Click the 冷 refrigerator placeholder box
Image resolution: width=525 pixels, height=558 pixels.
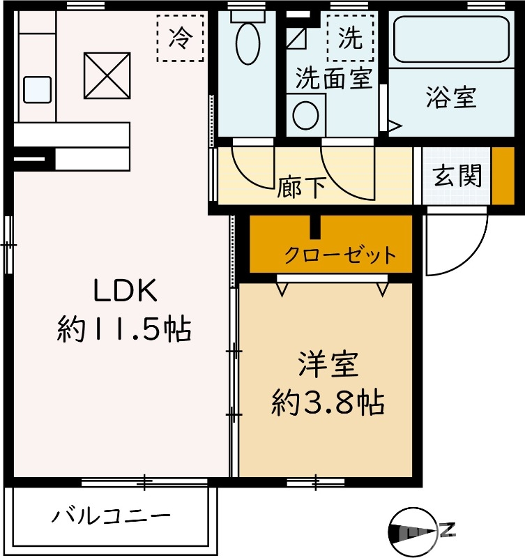(179, 39)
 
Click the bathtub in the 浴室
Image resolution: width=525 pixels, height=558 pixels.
(450, 39)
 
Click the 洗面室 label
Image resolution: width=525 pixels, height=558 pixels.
(332, 77)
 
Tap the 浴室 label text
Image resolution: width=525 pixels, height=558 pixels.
(451, 98)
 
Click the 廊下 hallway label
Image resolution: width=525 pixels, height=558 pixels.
(301, 187)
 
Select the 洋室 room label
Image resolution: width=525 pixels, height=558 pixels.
(328, 365)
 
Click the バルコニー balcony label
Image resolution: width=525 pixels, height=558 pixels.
(111, 517)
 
